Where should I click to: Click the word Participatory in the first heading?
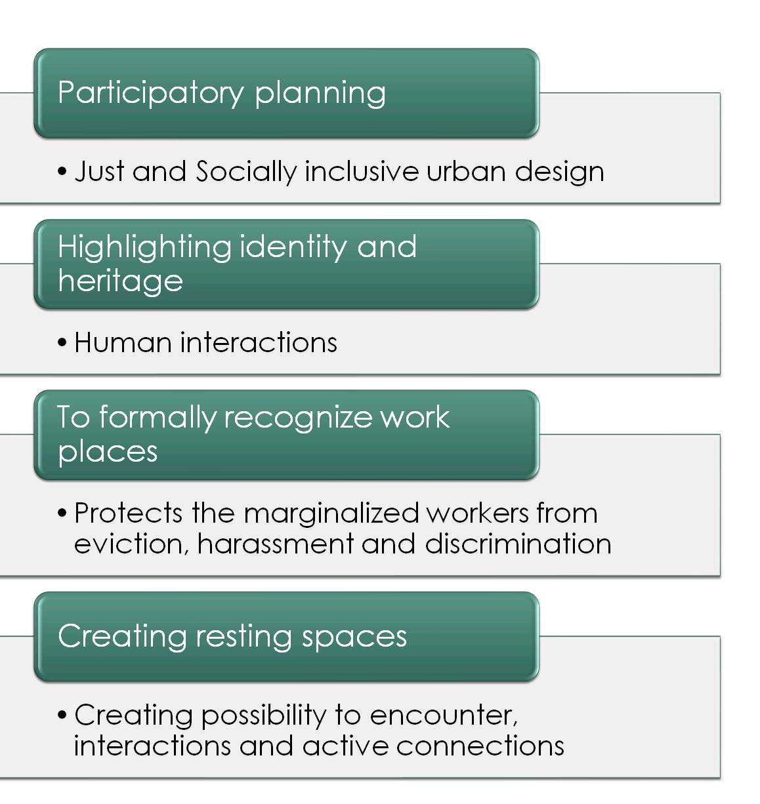point(150,92)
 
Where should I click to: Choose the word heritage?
point(120,281)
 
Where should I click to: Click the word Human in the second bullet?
point(123,342)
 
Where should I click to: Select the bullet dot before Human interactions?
point(62,343)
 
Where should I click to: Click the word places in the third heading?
point(108,452)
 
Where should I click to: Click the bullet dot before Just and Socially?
point(62,172)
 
